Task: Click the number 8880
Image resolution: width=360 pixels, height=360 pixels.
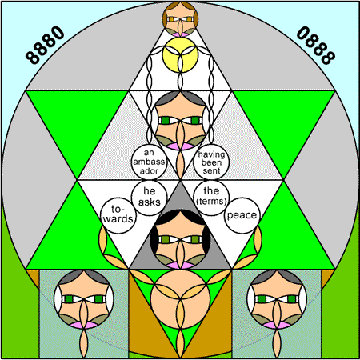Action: coord(45,45)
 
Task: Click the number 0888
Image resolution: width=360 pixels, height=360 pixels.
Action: coord(316,45)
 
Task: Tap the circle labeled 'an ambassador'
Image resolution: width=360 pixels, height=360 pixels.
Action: coord(149,162)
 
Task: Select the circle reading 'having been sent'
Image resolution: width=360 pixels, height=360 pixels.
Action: coord(211,162)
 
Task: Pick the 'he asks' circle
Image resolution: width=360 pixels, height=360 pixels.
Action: coord(149,198)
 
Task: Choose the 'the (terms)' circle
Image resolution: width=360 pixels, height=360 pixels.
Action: coord(211,198)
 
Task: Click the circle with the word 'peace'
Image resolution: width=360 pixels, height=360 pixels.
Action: coord(242,215)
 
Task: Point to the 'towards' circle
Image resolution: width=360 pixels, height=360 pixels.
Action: coord(118,215)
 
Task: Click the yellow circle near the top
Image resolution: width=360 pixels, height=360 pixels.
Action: coord(180,54)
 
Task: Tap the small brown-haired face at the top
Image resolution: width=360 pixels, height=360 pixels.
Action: coord(180,19)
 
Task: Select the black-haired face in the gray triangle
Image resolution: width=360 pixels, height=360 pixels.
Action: coord(180,239)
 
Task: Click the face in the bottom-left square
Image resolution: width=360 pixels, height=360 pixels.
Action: coord(84,299)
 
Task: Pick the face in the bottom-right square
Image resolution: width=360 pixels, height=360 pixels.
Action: coord(277,299)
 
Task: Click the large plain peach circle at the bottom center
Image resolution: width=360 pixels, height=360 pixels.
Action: coord(180,299)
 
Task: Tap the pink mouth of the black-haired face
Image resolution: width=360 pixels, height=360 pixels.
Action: coord(180,265)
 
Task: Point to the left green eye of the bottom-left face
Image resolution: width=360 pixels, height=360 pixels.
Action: coord(69,299)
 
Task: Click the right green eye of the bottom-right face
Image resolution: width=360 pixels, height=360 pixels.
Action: coord(292,299)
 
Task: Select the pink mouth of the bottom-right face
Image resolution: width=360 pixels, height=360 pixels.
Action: coord(277,325)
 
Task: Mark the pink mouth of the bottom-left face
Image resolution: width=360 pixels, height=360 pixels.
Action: coord(84,325)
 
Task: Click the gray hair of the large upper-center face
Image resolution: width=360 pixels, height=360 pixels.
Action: coord(180,98)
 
